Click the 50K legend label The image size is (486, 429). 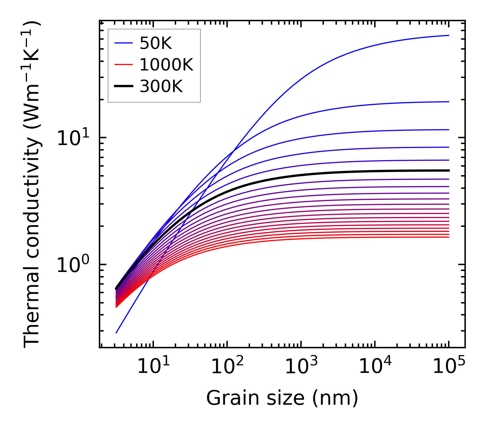coord(156,43)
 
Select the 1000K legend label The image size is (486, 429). coord(166,65)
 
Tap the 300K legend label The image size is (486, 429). coord(161,87)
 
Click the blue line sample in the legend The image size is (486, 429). coord(123,43)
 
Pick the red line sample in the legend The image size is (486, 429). coord(123,65)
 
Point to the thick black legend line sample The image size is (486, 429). coord(123,87)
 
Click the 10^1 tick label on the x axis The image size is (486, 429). coord(153,366)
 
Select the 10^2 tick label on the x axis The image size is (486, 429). coord(227,366)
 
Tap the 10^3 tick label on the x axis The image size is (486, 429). coord(301,366)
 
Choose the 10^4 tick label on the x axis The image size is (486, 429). coord(375,366)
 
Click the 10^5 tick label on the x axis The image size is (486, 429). coord(449,366)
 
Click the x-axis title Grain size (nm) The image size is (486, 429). coord(282,398)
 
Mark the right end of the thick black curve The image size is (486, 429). coord(448,170)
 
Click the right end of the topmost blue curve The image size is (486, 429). coord(448,35)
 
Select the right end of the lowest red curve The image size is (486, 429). coord(448,237)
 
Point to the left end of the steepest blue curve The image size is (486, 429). coord(116,333)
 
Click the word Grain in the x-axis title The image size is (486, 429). coord(227,398)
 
